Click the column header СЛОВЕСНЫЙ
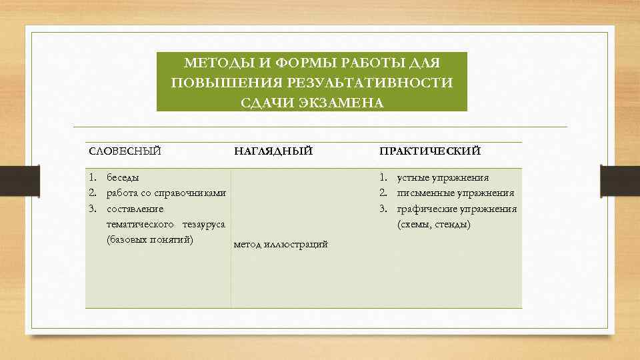tap(125, 151)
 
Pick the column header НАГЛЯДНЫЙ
tap(273, 151)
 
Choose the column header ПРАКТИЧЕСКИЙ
tap(430, 151)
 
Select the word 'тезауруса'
tap(203, 224)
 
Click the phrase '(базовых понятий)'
tap(150, 239)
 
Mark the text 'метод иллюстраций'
tap(281, 245)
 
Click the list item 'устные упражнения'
tap(443, 177)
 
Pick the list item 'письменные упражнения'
tap(455, 193)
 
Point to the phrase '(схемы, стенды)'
tap(434, 225)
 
